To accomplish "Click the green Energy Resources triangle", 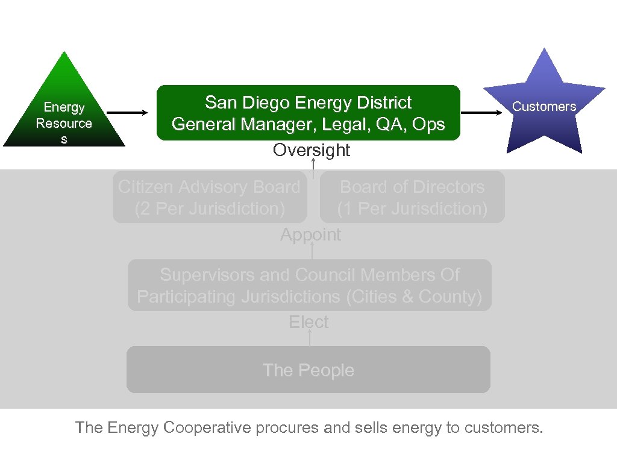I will tap(64, 115).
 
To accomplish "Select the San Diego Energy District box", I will tap(308, 113).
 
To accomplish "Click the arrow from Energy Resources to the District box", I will tap(130, 112).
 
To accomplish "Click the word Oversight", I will tap(311, 150).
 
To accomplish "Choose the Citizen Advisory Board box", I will tap(209, 197).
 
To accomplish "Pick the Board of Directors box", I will tap(412, 197).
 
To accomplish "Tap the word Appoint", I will tap(310, 235).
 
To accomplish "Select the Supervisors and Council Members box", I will tap(310, 285).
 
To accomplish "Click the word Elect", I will tap(308, 322).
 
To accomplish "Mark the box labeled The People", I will tap(308, 370).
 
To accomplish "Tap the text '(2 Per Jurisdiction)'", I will tap(209, 209).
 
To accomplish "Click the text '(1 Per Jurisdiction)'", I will tap(412, 209).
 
